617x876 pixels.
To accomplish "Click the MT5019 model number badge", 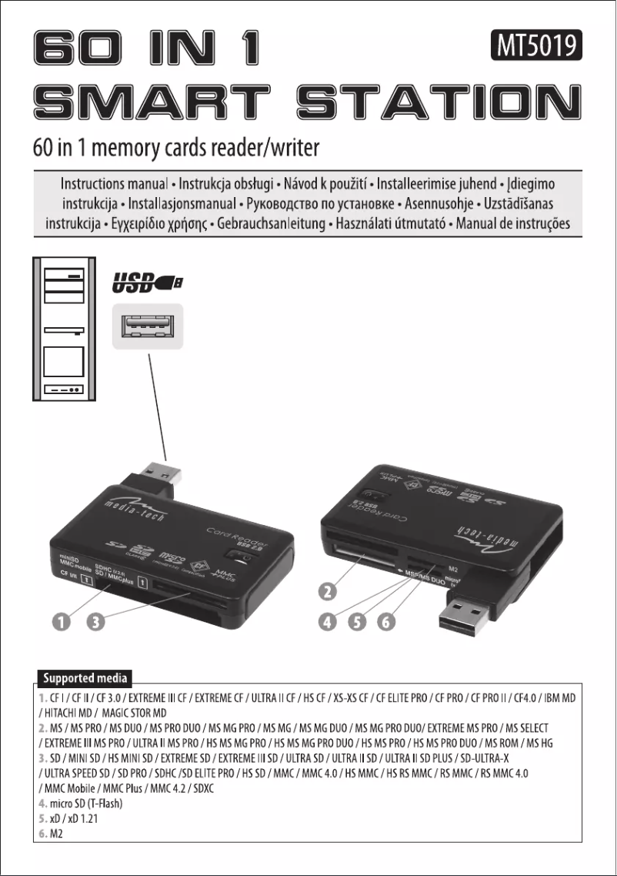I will click(535, 48).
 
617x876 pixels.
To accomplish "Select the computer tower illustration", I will click(64, 329).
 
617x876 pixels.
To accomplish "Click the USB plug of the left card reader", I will click(162, 477).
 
